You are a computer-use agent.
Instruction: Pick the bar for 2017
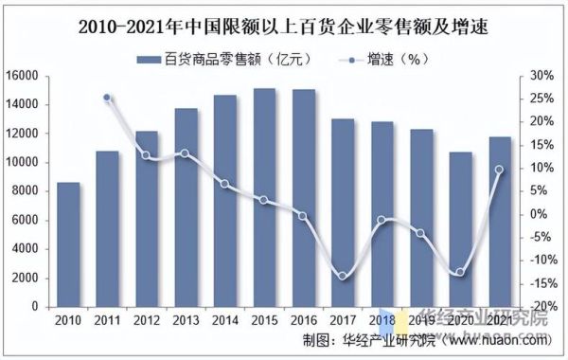coord(343,212)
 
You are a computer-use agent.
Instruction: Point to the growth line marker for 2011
coord(107,98)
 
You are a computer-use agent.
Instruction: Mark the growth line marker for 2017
coord(343,276)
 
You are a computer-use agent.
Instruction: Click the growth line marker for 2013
coord(186,153)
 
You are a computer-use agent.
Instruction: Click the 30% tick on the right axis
coord(542,75)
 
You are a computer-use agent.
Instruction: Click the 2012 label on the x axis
coord(147,322)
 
